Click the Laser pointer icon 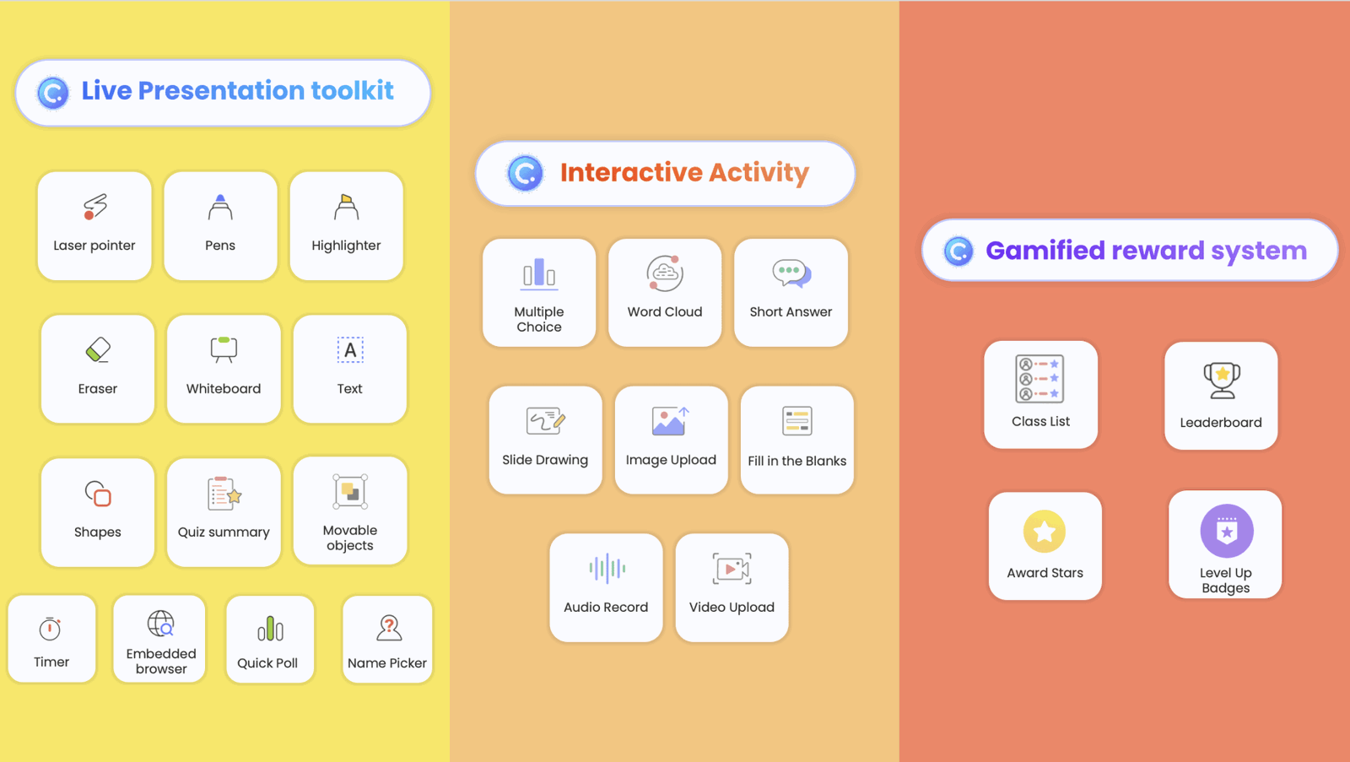[94, 207]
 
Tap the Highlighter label [346, 246]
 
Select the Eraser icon [98, 349]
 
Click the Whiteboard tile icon [224, 349]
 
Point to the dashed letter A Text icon [350, 349]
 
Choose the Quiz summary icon [224, 494]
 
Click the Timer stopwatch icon [51, 629]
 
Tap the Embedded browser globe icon [160, 624]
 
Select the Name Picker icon [388, 628]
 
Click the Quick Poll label [267, 663]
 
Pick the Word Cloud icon [665, 273]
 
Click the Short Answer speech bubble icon [791, 273]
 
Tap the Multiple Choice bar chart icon [539, 273]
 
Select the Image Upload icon [671, 421]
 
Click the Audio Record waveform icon [607, 569]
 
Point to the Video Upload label [732, 608]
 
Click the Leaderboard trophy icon [1222, 380]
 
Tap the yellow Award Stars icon [1045, 532]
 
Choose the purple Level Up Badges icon [1226, 532]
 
